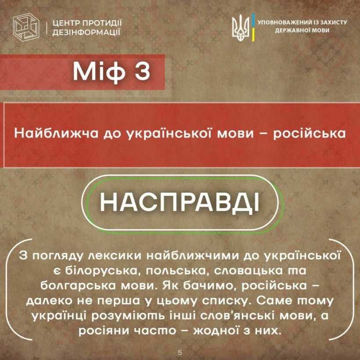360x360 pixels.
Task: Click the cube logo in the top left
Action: pos(26,27)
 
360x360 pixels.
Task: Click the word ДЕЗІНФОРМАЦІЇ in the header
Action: pos(86,32)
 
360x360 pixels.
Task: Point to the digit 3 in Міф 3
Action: pos(142,71)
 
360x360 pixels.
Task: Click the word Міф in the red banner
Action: pos(99,72)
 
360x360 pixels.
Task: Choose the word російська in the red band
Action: pos(309,133)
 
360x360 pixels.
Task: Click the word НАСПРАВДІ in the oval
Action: pos(180,202)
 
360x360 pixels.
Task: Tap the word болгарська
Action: pos(79,286)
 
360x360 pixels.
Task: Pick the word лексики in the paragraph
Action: pos(115,256)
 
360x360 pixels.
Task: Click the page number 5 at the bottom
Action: pos(180,353)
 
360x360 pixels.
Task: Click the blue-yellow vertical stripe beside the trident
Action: pos(253,28)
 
